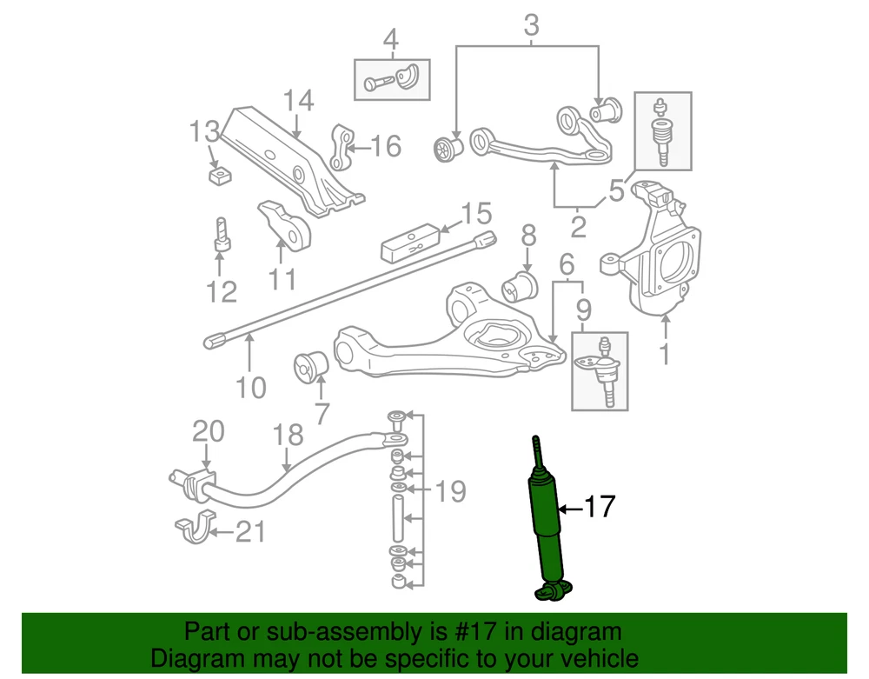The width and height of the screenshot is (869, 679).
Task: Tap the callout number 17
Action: [x=599, y=507]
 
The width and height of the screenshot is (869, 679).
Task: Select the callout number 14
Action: [x=298, y=102]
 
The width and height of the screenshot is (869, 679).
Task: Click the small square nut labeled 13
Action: [x=220, y=176]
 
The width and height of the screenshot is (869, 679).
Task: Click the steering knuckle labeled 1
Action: [x=654, y=250]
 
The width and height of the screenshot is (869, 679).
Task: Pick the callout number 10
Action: [x=250, y=388]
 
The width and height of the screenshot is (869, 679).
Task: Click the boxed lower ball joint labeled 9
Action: [x=600, y=371]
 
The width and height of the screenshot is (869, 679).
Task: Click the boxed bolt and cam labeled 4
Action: [x=393, y=80]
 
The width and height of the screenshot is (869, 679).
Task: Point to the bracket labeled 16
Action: [x=343, y=148]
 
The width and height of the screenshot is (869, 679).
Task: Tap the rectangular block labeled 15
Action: [x=411, y=243]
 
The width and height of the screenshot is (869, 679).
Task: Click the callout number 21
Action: [x=250, y=532]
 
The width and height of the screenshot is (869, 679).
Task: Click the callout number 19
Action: [x=450, y=491]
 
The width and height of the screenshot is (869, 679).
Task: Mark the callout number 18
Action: [x=289, y=435]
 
